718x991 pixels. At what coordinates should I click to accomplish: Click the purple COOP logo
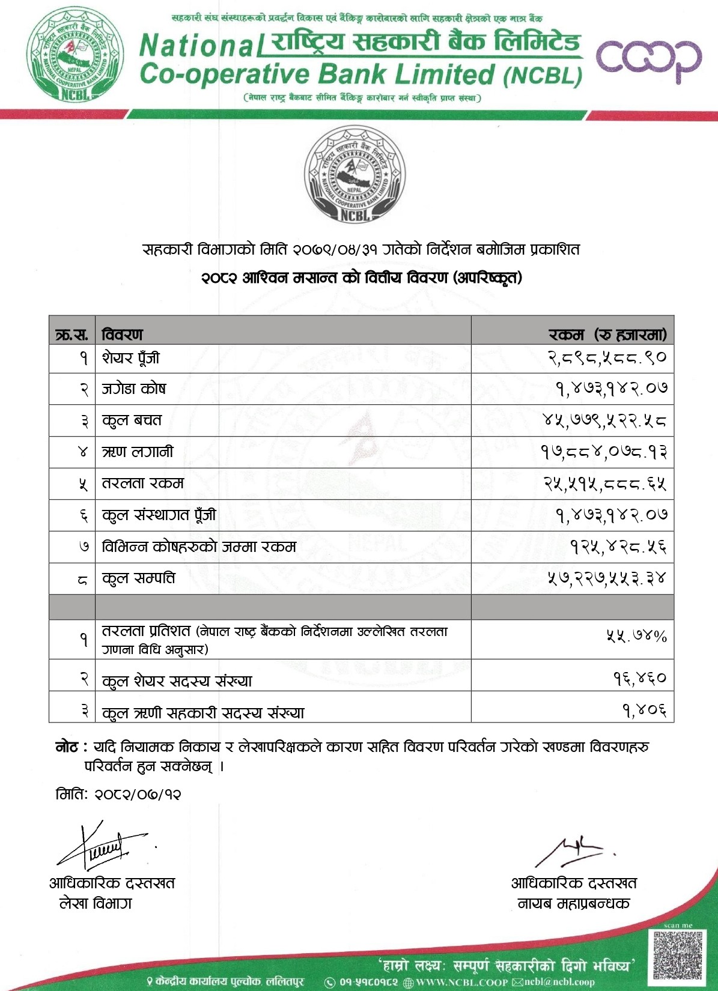(648, 59)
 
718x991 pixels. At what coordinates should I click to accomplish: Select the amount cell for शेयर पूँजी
(607, 358)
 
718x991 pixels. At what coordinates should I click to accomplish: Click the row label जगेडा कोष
(133, 389)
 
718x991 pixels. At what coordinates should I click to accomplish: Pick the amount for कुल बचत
(604, 420)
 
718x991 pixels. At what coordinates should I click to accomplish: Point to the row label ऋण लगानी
(138, 452)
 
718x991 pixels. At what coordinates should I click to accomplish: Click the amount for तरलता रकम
(605, 483)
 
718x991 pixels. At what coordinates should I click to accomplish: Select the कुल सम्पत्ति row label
(139, 578)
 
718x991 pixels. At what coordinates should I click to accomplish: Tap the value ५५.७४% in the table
(636, 637)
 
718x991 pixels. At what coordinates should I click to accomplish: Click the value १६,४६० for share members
(639, 678)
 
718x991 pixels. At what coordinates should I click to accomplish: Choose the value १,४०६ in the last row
(644, 711)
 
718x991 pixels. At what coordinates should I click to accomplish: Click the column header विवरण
(123, 334)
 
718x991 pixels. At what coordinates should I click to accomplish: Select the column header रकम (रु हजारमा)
(607, 334)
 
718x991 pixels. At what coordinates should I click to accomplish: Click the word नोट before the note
(67, 747)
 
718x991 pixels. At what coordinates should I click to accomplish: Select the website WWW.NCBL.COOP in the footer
(462, 982)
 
